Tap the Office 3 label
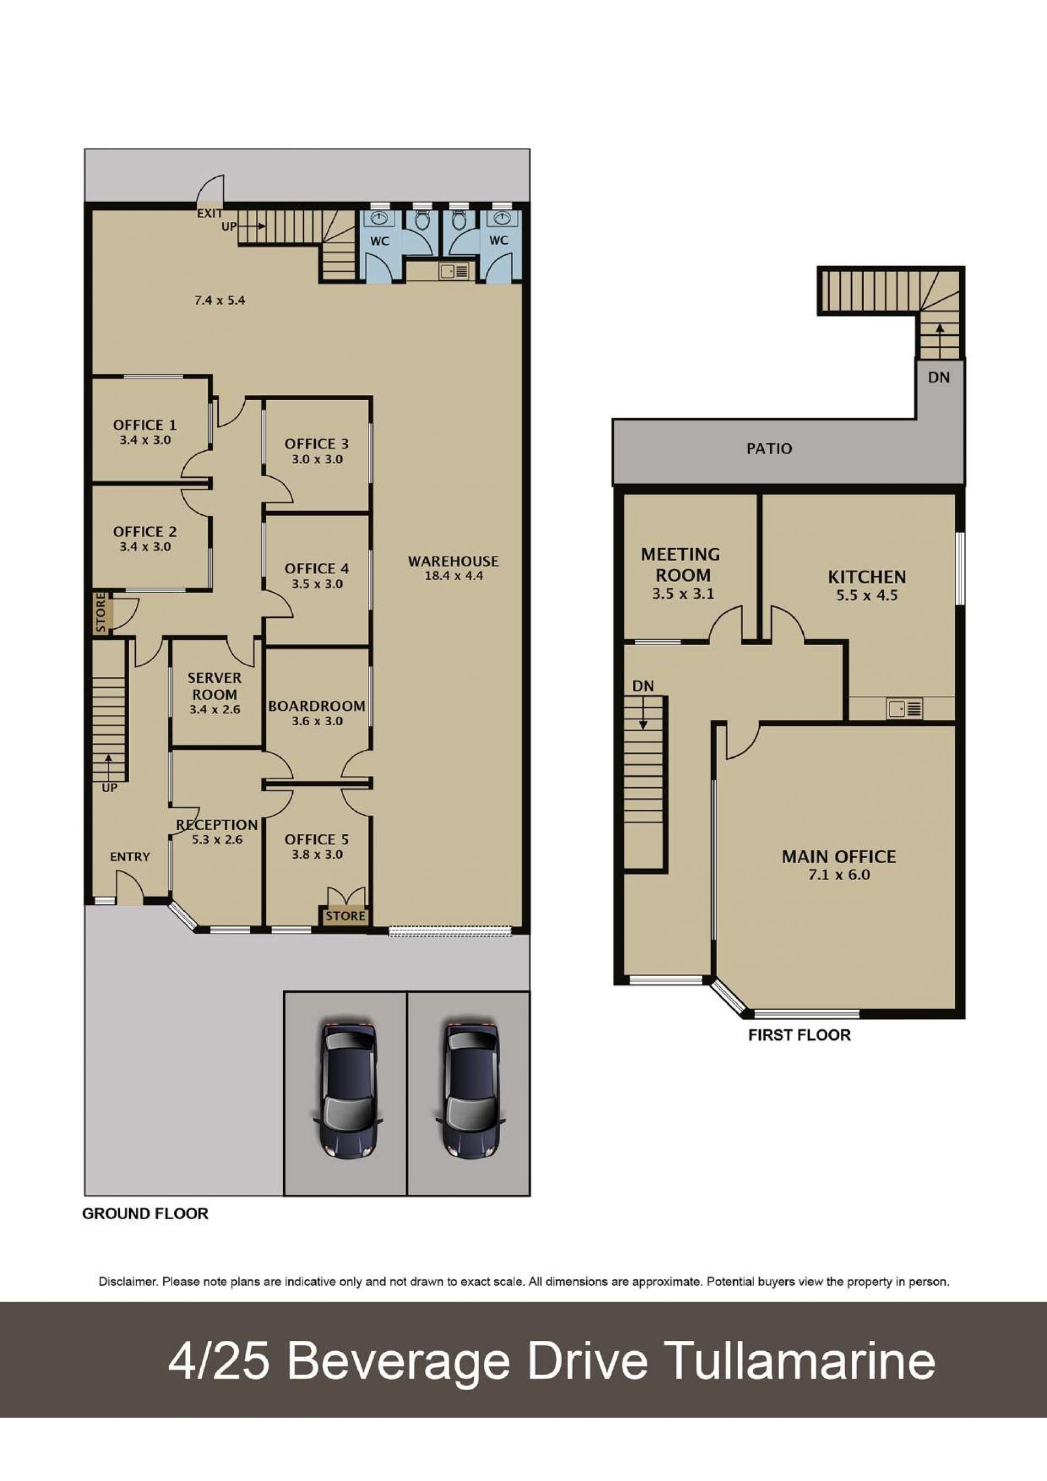317,444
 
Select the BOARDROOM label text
317,706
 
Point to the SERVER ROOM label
215,687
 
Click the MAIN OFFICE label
839,857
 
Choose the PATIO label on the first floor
769,448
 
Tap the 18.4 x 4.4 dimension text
454,576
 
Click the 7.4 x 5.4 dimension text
220,300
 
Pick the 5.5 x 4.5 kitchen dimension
867,595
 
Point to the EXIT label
209,213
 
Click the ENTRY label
130,857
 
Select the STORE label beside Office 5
345,916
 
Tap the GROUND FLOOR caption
145,1214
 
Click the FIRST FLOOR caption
799,1036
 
